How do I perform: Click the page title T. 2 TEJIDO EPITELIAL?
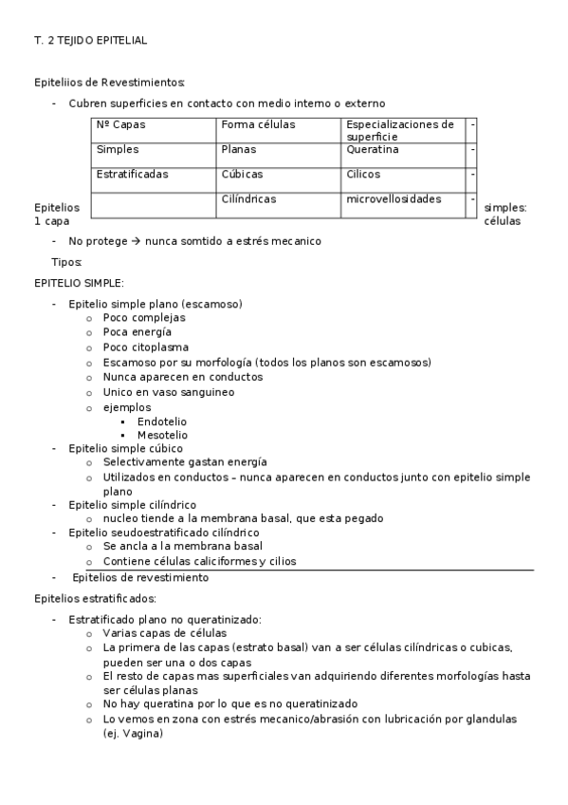click(x=90, y=41)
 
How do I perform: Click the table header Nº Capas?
click(x=120, y=124)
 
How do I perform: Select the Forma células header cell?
click(x=258, y=124)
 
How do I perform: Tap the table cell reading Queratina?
click(x=372, y=149)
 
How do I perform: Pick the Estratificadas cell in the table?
click(x=132, y=174)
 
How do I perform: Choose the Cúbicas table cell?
click(x=242, y=174)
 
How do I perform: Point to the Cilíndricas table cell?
click(x=247, y=198)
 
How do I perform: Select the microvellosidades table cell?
click(x=394, y=198)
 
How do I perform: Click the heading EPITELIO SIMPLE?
click(x=79, y=283)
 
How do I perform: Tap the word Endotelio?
click(x=162, y=421)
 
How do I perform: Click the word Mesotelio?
click(x=162, y=434)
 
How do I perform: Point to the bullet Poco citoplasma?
click(x=145, y=347)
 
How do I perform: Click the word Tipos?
click(x=66, y=261)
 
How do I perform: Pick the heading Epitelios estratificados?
click(x=95, y=598)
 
